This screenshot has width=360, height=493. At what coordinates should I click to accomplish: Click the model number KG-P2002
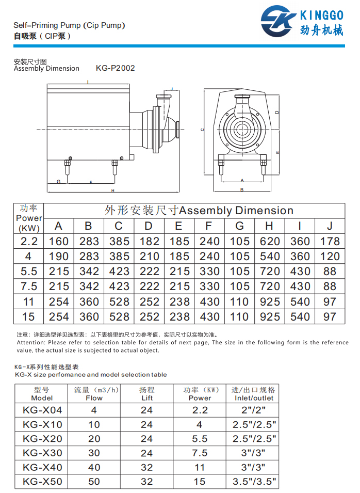tap(116, 68)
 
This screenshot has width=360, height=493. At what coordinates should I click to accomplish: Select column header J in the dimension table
tap(330, 226)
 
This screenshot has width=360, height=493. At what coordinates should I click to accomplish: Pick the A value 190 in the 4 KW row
tap(59, 256)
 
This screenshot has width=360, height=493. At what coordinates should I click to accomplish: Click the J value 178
tap(330, 241)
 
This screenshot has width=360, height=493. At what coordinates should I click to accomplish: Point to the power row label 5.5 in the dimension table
tap(29, 272)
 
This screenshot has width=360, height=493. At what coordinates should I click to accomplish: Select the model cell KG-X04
tap(42, 410)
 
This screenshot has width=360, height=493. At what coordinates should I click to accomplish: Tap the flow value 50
tap(94, 482)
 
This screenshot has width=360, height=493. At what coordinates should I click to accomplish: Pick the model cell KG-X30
tap(42, 453)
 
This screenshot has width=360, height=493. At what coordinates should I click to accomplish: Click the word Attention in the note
tap(31, 342)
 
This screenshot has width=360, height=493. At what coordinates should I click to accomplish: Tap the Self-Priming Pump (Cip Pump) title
tap(69, 25)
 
